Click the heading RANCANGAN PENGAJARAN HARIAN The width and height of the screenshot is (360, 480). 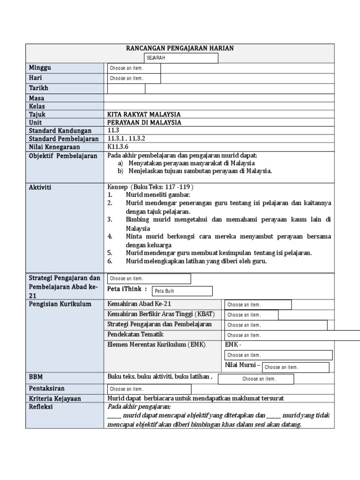[x=180, y=48]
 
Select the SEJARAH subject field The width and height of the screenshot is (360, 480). [x=180, y=58]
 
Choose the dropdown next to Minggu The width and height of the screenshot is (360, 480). [x=134, y=68]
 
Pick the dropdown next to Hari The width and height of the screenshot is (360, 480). [x=134, y=78]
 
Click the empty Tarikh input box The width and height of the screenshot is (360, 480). [x=126, y=89]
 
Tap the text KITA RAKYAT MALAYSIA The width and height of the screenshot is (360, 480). [x=144, y=114]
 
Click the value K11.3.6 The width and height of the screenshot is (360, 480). [x=118, y=147]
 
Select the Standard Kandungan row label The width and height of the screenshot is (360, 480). [x=60, y=131]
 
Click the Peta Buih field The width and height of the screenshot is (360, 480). [x=182, y=291]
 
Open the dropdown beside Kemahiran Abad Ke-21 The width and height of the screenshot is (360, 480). [x=258, y=305]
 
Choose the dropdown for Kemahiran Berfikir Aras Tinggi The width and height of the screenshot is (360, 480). [x=251, y=315]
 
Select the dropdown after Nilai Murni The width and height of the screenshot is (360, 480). [x=295, y=367]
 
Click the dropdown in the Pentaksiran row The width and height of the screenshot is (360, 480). [x=150, y=389]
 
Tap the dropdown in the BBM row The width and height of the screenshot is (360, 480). [x=256, y=379]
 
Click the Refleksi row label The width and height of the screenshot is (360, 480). [x=41, y=407]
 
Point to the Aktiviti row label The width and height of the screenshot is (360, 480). [x=40, y=187]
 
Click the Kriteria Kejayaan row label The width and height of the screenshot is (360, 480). [x=55, y=398]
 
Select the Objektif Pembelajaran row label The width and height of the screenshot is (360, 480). [x=63, y=156]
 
